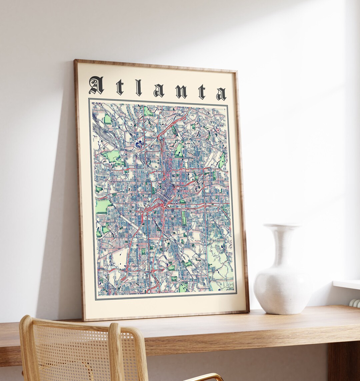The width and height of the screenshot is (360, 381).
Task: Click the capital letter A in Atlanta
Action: tap(96, 86)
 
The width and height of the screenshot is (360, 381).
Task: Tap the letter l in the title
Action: tap(138, 88)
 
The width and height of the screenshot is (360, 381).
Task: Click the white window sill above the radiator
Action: tap(347, 284)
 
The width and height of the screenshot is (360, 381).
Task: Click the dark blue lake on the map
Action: tap(139, 145)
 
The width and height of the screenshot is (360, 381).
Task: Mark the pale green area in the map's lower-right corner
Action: tap(220, 260)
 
